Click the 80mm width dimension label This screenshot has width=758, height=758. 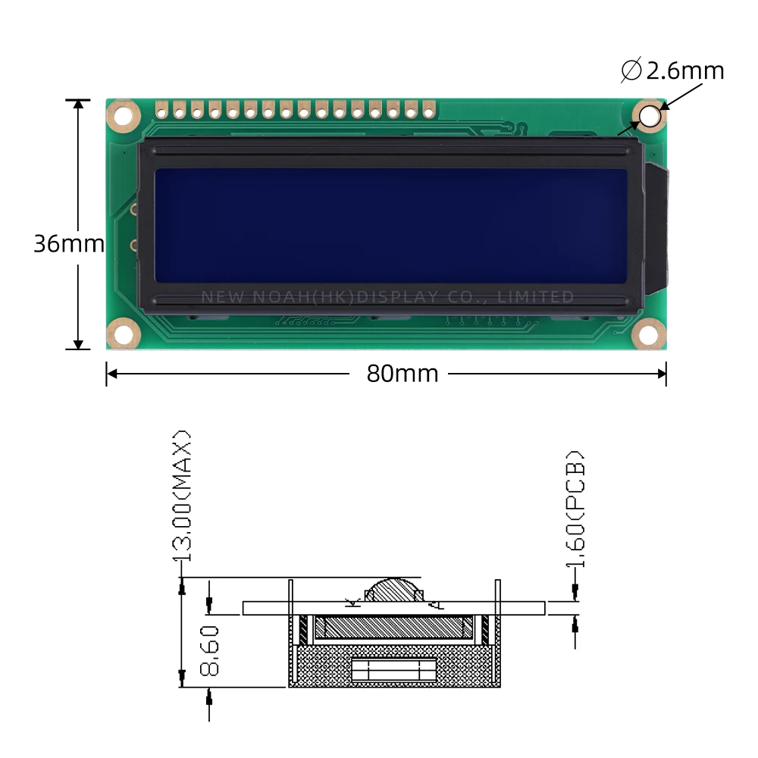[x=402, y=374]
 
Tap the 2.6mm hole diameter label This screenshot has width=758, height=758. [x=673, y=70]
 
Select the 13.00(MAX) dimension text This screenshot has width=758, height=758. [x=182, y=496]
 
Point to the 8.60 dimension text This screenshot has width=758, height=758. [x=210, y=650]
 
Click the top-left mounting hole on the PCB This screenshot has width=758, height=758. [x=124, y=116]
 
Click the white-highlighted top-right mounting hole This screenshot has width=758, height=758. [x=650, y=116]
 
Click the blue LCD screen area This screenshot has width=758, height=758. [x=390, y=225]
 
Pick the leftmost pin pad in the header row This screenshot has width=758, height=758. [x=161, y=111]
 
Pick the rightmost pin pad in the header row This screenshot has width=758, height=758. [x=428, y=111]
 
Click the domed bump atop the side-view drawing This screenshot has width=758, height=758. [x=394, y=591]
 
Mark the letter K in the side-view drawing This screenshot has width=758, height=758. [x=351, y=603]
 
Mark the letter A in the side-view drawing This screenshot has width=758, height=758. [x=434, y=603]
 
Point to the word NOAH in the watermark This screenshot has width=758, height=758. [x=277, y=296]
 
